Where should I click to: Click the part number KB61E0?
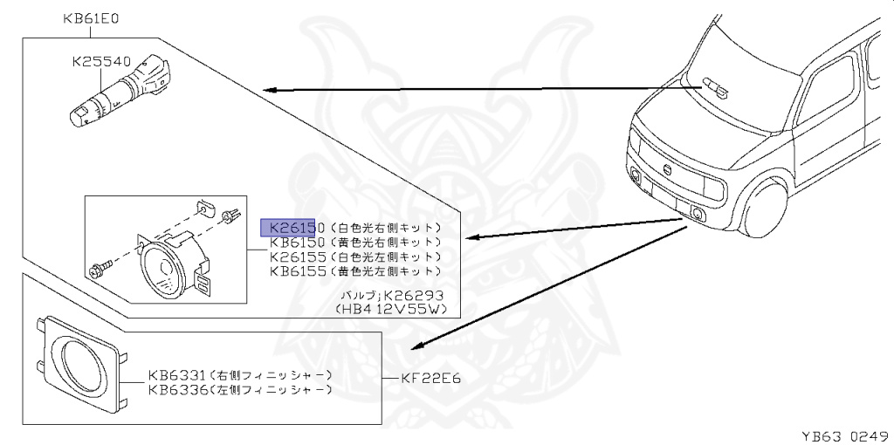90,17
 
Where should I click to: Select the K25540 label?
100,62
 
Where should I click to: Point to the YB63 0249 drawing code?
845,434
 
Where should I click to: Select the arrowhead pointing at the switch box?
268,89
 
